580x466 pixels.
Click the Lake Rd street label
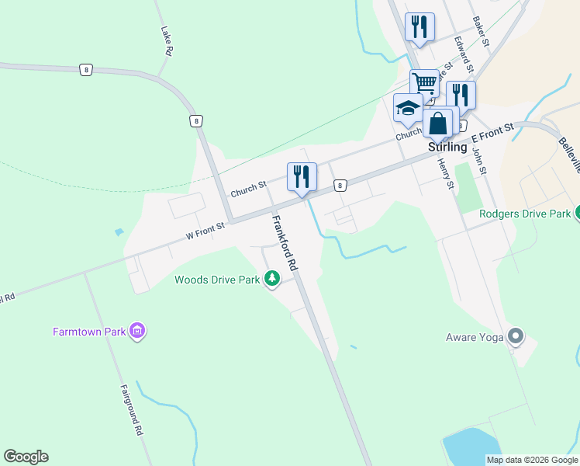pyautogui.click(x=166, y=41)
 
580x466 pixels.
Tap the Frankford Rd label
pyautogui.click(x=284, y=242)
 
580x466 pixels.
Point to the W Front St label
pyautogui.click(x=204, y=228)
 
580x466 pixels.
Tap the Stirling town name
pyautogui.click(x=447, y=147)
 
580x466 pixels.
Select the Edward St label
pyautogui.click(x=464, y=53)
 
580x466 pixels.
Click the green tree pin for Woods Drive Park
pyautogui.click(x=271, y=278)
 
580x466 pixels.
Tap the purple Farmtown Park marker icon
pyautogui.click(x=138, y=332)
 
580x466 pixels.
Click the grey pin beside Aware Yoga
pyautogui.click(x=516, y=336)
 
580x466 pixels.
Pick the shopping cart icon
pyautogui.click(x=424, y=82)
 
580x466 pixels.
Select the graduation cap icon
pyautogui.click(x=407, y=107)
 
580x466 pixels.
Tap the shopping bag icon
pyautogui.click(x=437, y=123)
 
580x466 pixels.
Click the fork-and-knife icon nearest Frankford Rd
pyautogui.click(x=302, y=176)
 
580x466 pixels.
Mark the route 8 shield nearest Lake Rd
pyautogui.click(x=85, y=70)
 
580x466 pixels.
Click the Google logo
pyautogui.click(x=26, y=457)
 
